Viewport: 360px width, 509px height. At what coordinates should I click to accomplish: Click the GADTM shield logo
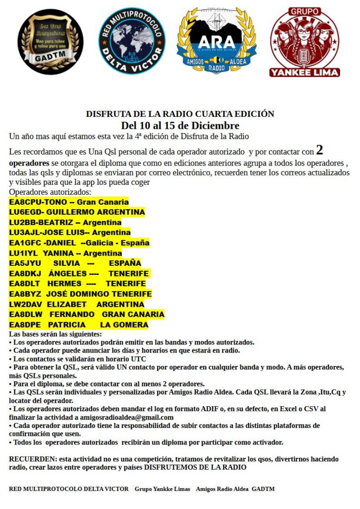click(x=51, y=42)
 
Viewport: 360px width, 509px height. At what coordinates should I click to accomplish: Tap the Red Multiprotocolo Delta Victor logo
click(x=132, y=41)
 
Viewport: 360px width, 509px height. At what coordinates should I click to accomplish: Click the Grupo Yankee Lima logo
click(x=305, y=42)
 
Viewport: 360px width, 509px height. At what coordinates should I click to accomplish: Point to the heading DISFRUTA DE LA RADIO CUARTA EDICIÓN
click(x=180, y=114)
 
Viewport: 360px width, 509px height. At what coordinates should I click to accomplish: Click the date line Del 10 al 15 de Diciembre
click(x=180, y=125)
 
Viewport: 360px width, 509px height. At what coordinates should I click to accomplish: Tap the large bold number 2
click(x=320, y=150)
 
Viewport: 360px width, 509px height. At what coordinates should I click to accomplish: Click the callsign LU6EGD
click(x=24, y=212)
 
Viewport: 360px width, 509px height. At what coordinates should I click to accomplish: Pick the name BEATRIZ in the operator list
click(x=55, y=222)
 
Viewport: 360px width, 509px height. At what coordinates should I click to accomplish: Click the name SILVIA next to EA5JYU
click(x=66, y=263)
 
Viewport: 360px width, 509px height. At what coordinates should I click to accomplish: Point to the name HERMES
click(x=65, y=284)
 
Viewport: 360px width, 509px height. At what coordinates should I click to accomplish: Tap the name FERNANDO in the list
click(x=72, y=315)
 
